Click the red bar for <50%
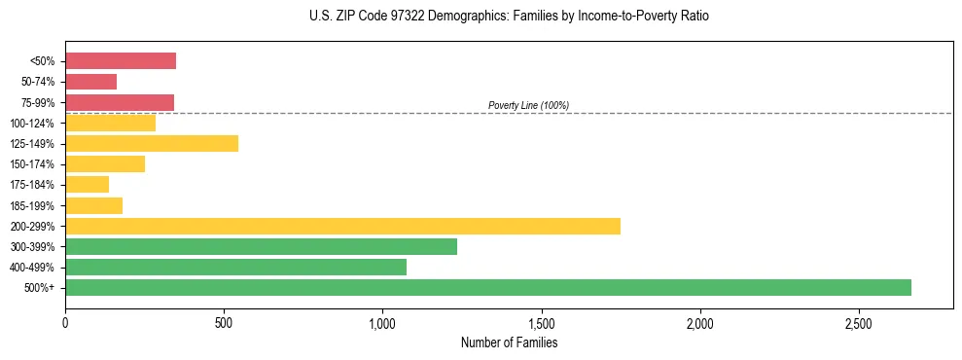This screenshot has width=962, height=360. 121,61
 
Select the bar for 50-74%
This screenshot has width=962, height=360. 90,82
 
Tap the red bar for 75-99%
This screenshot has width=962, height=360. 120,102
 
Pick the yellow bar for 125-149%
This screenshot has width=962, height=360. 152,144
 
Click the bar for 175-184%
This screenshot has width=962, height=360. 87,185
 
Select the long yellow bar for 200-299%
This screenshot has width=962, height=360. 342,226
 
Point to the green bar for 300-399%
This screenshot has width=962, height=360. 261,247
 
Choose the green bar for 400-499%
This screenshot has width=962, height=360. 235,268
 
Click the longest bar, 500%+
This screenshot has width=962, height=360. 488,288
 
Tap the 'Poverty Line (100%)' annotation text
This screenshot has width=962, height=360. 528,105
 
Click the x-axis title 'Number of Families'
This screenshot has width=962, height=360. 509,342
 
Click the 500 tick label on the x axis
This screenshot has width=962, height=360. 224,322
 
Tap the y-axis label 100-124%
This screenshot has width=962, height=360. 32,124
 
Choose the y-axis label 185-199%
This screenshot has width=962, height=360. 32,205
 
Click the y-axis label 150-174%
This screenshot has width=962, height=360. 32,164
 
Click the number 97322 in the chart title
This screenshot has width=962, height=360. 386,17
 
